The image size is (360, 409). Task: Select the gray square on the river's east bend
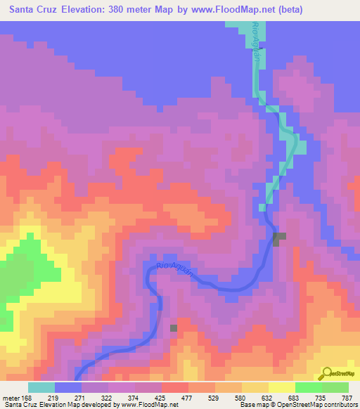click(x=280, y=239)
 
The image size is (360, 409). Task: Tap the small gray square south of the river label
click(x=174, y=327)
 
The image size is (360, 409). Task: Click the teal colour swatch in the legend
click(x=41, y=387)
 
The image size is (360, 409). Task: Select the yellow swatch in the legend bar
click(x=282, y=387)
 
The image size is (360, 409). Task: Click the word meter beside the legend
click(x=11, y=398)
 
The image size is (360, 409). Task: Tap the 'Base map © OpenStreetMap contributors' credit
click(x=297, y=405)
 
